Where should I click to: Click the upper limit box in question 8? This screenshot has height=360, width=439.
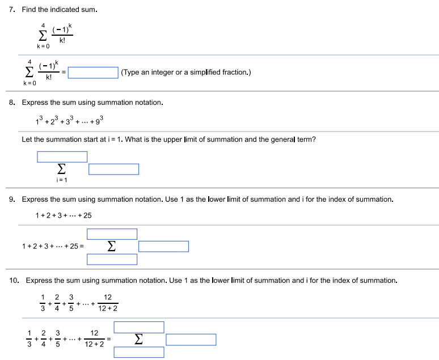pos(62,156)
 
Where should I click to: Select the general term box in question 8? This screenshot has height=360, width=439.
pos(113,169)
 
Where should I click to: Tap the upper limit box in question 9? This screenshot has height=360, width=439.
pos(112,234)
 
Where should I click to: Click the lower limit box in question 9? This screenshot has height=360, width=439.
pos(112,259)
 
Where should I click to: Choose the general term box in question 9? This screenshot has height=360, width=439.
pos(163,246)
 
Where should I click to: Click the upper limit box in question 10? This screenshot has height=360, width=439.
pos(138,327)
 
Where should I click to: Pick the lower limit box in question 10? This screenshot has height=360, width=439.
pos(138,352)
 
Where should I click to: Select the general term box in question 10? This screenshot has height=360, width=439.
pos(191,339)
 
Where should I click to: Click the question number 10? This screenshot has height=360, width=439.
pos(15,280)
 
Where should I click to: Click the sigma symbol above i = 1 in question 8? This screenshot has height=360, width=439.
pos(61,169)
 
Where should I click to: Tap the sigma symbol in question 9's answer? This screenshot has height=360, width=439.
pos(112,247)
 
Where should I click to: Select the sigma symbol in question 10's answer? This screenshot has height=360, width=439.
pos(138,339)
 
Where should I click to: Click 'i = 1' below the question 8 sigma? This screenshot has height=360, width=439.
pos(61,180)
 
